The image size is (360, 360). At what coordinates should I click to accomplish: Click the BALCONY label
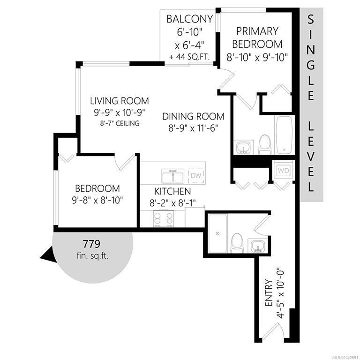pos(190,19)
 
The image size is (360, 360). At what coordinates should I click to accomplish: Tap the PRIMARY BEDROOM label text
pos(257,37)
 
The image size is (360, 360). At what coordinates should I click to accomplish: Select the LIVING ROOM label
pos(120,101)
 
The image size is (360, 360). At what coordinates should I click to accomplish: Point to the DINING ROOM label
pos(193,116)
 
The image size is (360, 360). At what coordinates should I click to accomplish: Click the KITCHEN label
pos(172,191)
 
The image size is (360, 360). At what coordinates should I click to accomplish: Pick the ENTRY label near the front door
pos(269,292)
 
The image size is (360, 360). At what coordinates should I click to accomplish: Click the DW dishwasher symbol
pos(196,176)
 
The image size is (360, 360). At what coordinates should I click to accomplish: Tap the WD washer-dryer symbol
pos(283,170)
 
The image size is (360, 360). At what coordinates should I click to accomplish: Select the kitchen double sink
pos(172,176)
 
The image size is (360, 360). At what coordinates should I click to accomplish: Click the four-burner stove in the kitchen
pos(164,218)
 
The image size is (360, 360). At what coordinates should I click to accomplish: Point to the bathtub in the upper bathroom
pos(285,135)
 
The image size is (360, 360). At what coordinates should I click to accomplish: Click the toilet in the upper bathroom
pos(265,145)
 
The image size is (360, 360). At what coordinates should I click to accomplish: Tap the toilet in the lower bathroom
pos(237,243)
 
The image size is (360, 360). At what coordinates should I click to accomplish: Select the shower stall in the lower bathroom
pos(217,233)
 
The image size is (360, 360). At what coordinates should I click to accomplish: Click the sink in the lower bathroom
pos(258,246)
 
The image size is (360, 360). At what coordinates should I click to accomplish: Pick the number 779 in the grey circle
pos(91,244)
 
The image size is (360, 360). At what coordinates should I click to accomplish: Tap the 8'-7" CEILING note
pos(120,123)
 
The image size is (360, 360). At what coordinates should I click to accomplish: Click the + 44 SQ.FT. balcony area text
pos(189,57)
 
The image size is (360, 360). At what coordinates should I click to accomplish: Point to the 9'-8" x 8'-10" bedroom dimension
pos(97,201)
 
